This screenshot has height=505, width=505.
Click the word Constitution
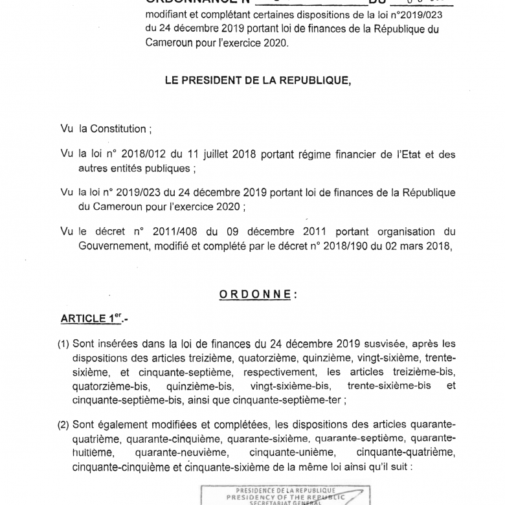[113, 129]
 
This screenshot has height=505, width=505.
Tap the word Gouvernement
[114, 245]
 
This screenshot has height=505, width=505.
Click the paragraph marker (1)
[63, 343]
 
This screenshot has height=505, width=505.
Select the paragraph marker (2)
[63, 425]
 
